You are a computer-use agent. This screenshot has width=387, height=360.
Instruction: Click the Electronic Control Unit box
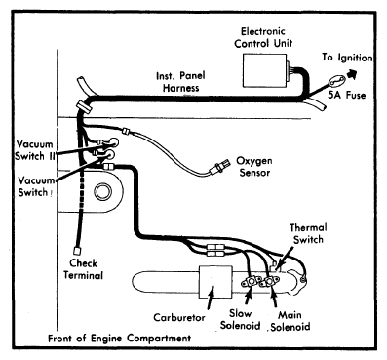[x=265, y=70]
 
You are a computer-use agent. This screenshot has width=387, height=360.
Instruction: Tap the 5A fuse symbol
[x=335, y=81]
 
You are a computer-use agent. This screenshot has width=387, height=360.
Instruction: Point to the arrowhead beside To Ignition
[x=352, y=73]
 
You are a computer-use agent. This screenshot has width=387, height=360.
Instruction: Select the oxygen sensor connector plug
[x=217, y=170]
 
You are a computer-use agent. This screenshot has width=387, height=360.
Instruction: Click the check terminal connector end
[x=77, y=251]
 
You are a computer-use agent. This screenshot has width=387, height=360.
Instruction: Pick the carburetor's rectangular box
[x=215, y=281]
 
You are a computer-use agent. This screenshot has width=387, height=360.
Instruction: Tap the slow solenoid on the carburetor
[x=252, y=282]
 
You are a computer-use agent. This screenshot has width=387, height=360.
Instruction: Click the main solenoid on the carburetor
[x=270, y=282]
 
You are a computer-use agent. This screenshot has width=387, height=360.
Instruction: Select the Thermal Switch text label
[x=308, y=234]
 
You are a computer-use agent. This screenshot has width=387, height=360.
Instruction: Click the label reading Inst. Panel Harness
[x=180, y=82]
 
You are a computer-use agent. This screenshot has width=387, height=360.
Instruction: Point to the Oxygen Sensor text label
[x=254, y=167]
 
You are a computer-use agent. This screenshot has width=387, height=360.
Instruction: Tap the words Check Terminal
[x=83, y=269]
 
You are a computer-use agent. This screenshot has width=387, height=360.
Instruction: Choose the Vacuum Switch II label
[x=35, y=150]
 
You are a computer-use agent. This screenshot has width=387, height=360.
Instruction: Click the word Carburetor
[x=179, y=317]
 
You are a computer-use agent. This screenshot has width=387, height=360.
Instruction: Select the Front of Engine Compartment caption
[x=120, y=339]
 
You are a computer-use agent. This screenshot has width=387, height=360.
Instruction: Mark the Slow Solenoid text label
[x=241, y=319]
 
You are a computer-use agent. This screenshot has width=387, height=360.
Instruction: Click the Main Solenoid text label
[x=290, y=321]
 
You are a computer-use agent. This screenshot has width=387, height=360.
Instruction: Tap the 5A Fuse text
[x=346, y=95]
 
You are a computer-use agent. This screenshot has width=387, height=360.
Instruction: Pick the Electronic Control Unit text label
[x=263, y=37]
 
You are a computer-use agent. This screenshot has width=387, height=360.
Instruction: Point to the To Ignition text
[x=347, y=58]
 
